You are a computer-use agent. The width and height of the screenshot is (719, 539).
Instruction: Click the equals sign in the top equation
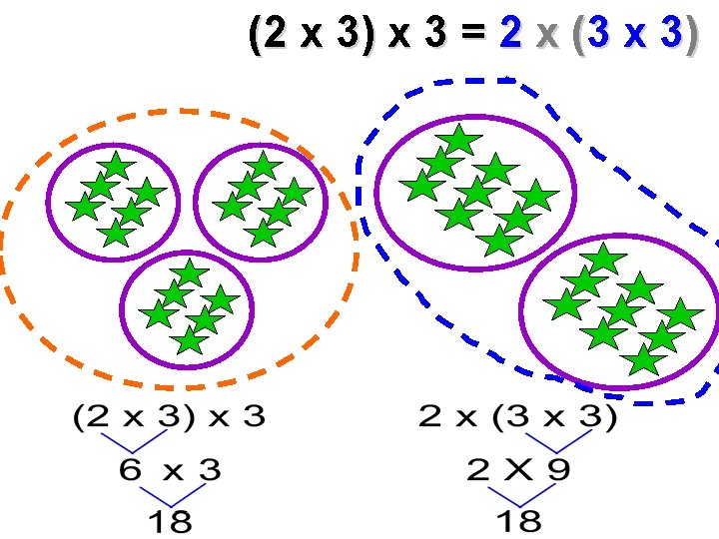coord(472,35)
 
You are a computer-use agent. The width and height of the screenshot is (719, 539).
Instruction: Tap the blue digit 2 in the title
coord(510,35)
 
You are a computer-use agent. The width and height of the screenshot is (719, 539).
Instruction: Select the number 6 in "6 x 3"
coord(131,470)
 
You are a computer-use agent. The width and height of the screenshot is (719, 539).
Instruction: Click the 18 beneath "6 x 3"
coord(170,519)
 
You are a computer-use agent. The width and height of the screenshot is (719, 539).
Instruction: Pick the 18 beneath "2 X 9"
coord(518,519)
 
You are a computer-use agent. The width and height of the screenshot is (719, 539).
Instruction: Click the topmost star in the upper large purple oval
coord(458,140)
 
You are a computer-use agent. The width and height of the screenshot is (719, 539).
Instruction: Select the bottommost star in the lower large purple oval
coord(644,360)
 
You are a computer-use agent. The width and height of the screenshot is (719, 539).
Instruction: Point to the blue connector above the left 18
coord(171,494)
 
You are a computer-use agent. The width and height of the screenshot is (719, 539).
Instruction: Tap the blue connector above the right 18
coord(518,494)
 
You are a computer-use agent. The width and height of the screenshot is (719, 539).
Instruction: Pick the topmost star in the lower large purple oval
coord(603,260)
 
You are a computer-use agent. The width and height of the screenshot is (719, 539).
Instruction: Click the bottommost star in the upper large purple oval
coord(497,241)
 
